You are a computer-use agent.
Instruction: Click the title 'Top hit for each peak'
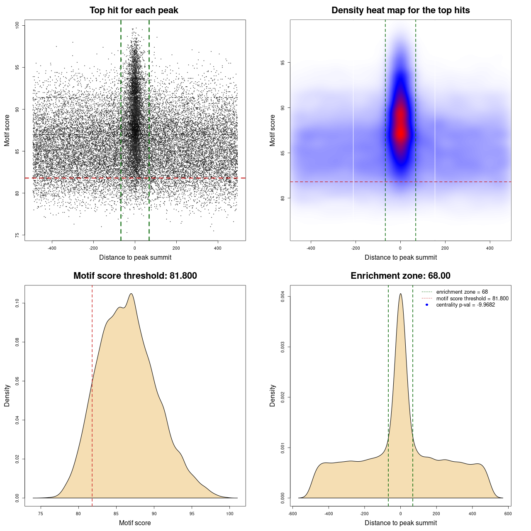[134, 10]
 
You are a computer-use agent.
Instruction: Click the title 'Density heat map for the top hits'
[400, 10]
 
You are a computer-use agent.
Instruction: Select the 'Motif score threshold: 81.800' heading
[135, 276]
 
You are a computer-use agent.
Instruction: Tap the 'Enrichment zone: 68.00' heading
[400, 276]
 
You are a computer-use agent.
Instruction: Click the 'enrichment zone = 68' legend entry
[462, 292]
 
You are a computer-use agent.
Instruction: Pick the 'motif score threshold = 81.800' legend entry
[472, 298]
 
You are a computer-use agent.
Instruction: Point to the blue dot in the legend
[427, 305]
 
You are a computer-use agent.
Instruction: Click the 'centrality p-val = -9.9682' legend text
[465, 305]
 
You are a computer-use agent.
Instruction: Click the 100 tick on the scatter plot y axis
[17, 25]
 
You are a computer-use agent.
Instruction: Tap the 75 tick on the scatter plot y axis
[17, 235]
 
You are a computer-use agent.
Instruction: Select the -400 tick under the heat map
[311, 248]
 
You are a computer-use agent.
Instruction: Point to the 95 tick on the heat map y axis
[283, 63]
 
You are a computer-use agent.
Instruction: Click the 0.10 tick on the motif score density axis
[17, 303]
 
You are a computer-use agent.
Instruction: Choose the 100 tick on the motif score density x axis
[230, 514]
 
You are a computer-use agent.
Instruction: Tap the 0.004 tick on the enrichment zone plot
[283, 297]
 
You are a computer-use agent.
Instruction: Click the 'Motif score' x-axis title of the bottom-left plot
[135, 523]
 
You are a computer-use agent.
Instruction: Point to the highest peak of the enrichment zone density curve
[400, 294]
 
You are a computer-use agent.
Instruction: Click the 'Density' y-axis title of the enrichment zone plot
[273, 395]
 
